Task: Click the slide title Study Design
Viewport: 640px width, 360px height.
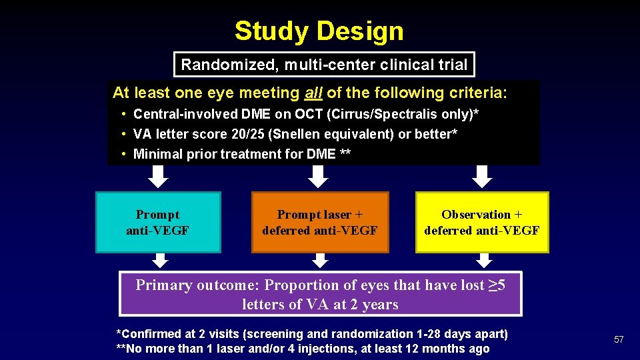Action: [x=319, y=31]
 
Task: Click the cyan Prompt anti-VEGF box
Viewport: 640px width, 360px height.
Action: [x=158, y=223]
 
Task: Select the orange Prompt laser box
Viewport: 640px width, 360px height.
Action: [x=320, y=223]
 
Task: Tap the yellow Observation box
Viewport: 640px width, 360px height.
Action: [x=482, y=223]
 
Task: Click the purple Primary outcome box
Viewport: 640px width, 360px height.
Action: [x=320, y=294]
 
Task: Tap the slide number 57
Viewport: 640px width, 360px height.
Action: [x=619, y=340]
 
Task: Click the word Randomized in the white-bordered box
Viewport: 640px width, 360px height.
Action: [x=221, y=65]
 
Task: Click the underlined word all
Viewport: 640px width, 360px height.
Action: [x=314, y=93]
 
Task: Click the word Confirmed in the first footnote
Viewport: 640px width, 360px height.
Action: [x=149, y=334]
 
